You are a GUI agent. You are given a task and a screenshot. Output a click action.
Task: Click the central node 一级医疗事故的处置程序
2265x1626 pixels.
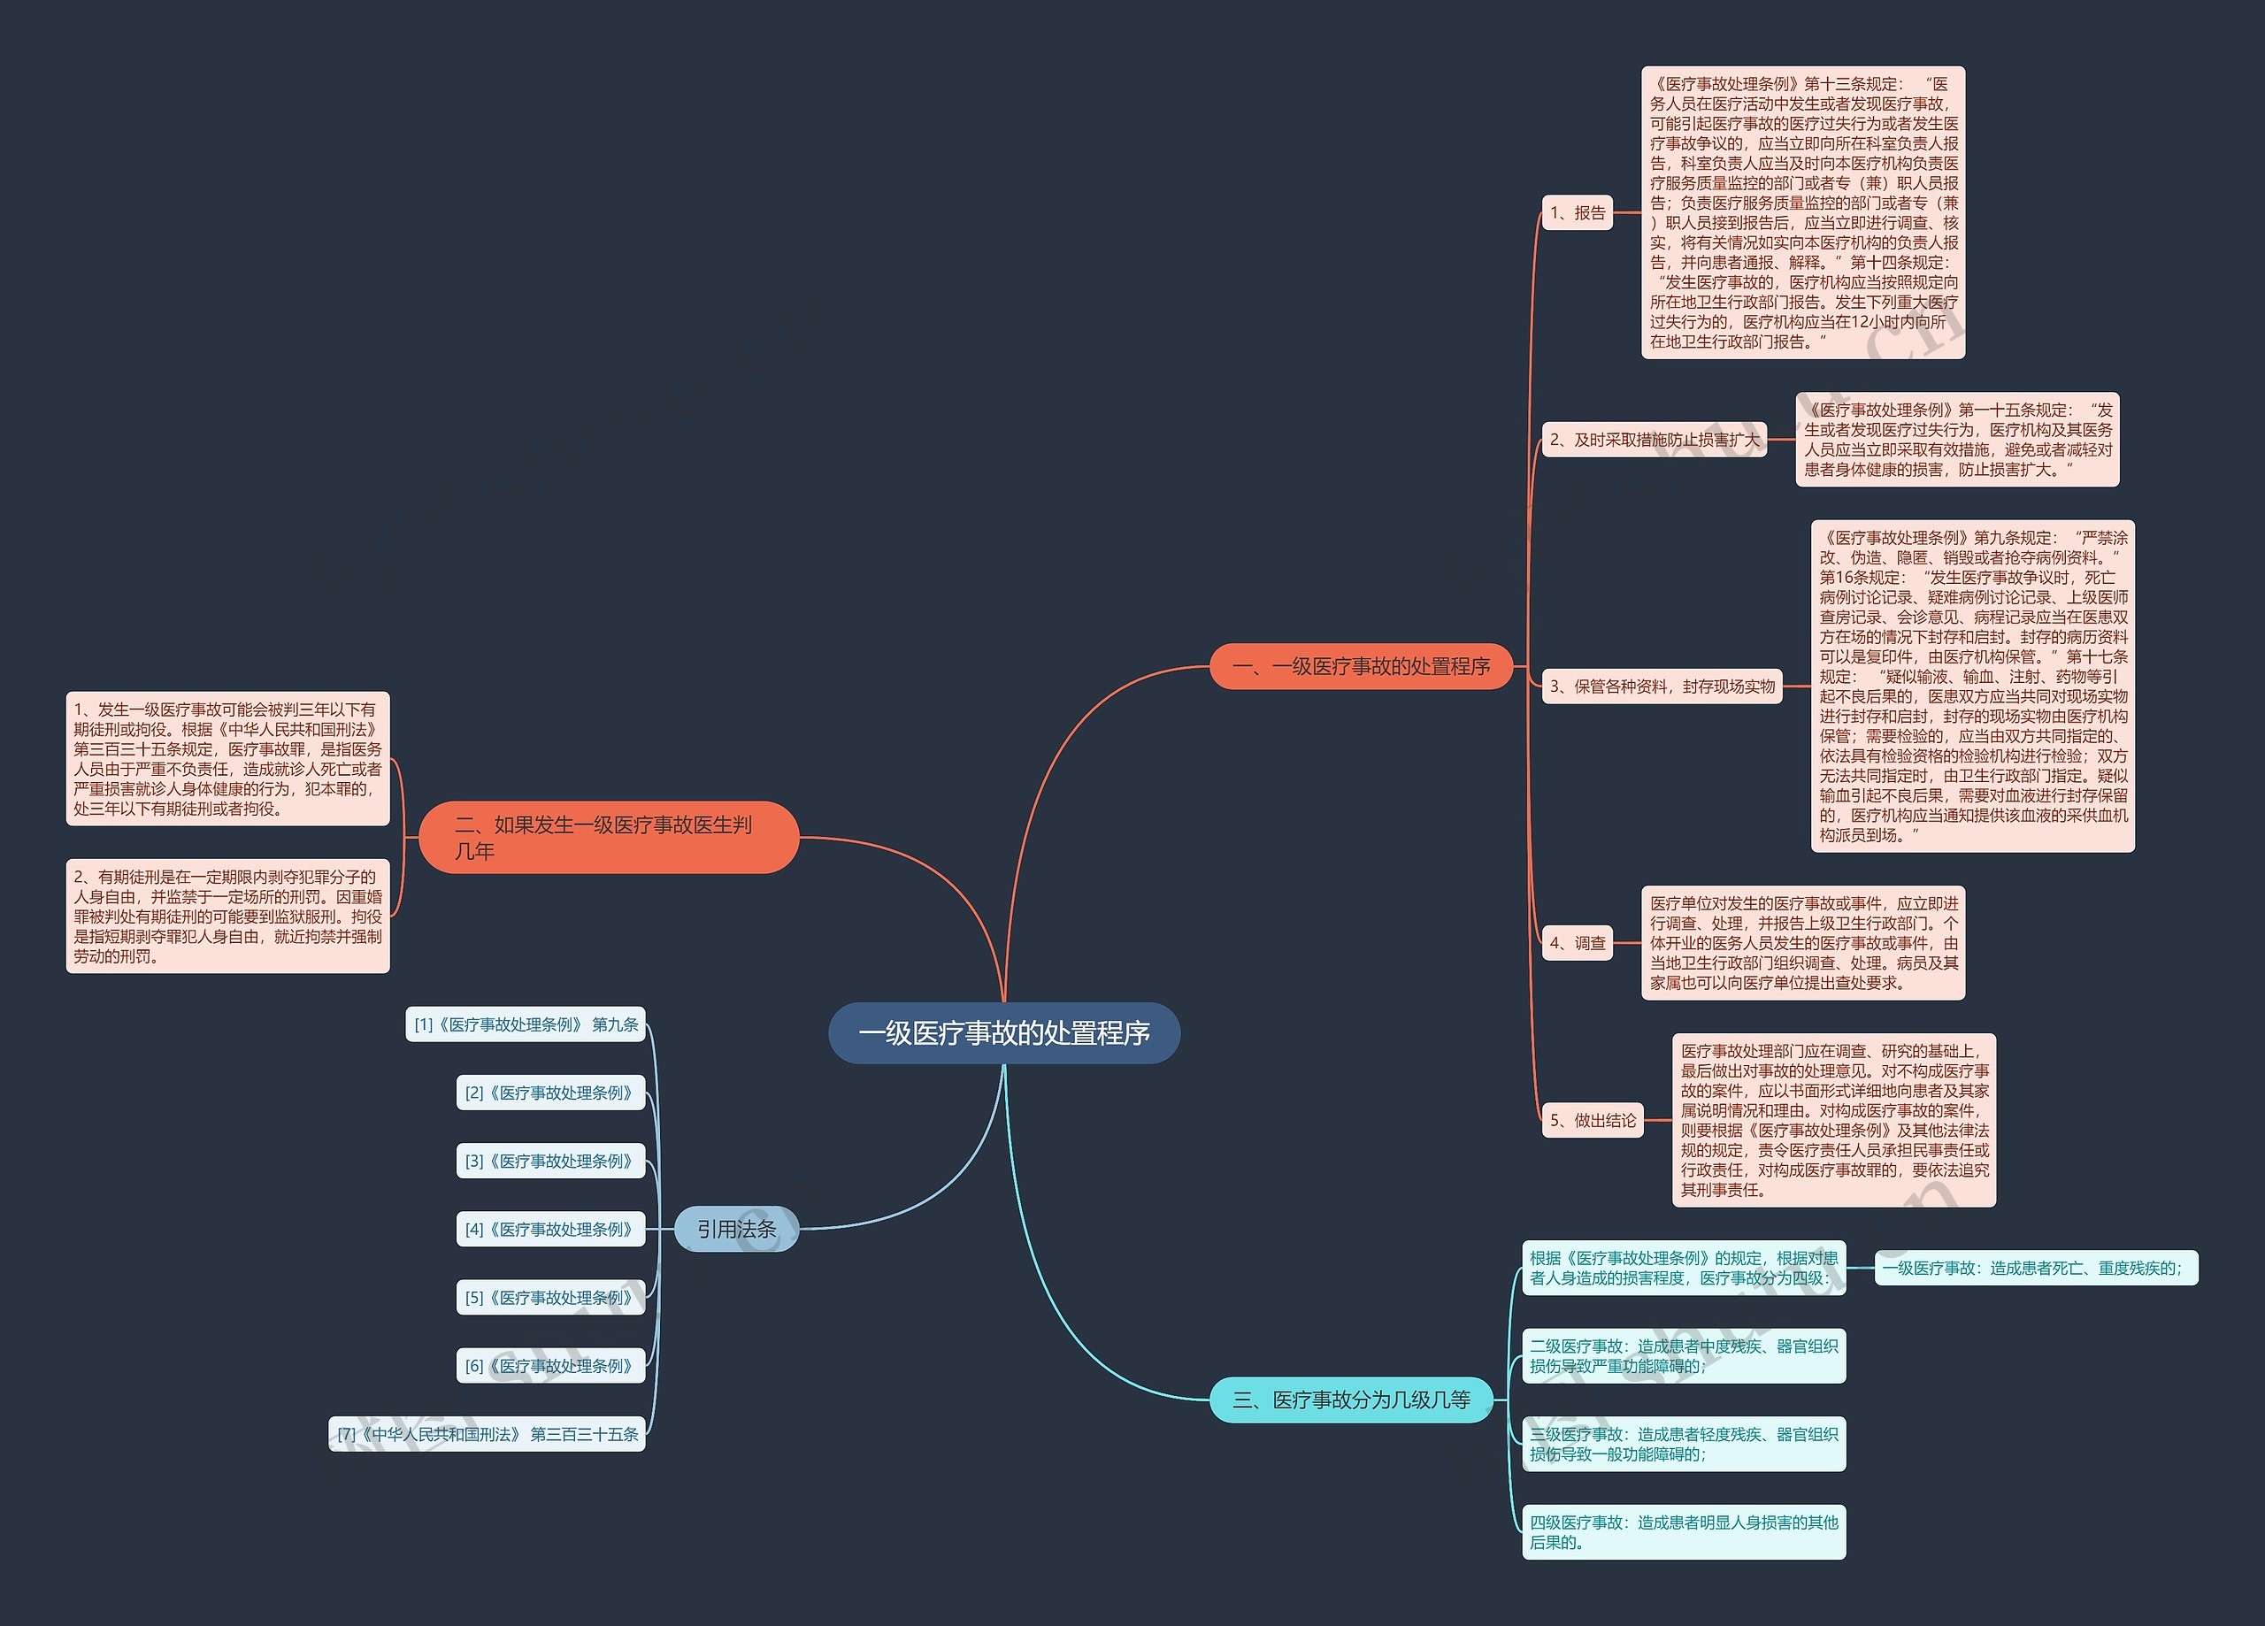coord(1003,1032)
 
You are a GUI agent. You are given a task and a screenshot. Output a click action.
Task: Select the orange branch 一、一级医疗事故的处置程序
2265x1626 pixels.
coord(1361,666)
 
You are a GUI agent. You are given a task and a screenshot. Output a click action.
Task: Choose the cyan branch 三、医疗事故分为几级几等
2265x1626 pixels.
coord(1351,1400)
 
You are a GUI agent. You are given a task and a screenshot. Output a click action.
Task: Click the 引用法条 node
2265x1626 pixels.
coord(737,1229)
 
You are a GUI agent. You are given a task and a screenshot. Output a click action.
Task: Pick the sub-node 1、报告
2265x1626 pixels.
coord(1577,212)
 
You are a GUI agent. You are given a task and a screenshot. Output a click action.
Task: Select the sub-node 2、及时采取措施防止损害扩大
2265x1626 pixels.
coord(1654,440)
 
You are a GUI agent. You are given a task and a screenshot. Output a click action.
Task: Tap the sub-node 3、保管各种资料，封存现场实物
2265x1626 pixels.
coord(1662,686)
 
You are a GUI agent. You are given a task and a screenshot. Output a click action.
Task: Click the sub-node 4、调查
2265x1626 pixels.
coord(1577,943)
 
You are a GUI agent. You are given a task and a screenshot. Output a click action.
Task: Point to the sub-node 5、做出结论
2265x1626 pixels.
coord(1593,1121)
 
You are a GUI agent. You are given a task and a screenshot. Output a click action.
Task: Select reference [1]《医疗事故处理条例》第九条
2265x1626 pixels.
coord(526,1024)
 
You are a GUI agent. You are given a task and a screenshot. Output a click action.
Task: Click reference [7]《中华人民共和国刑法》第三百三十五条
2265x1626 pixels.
coord(488,1434)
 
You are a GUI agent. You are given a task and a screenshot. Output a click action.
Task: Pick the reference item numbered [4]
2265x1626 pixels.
coord(551,1230)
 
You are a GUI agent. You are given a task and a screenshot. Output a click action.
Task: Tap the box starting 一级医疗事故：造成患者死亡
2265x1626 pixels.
coord(2037,1269)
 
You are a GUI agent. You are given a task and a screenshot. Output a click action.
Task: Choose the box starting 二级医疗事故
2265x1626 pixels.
coord(1684,1356)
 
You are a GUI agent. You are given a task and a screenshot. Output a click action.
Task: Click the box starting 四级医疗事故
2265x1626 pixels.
coord(1684,1532)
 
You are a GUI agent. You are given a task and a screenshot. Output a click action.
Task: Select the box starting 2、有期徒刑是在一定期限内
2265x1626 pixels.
coord(227,916)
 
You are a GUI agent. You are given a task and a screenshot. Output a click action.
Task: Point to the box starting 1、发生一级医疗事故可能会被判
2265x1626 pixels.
coord(227,759)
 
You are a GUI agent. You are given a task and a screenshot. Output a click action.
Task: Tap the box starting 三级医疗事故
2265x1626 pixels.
coord(1684,1445)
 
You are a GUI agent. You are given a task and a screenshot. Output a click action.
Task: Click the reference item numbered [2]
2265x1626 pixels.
coord(551,1093)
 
